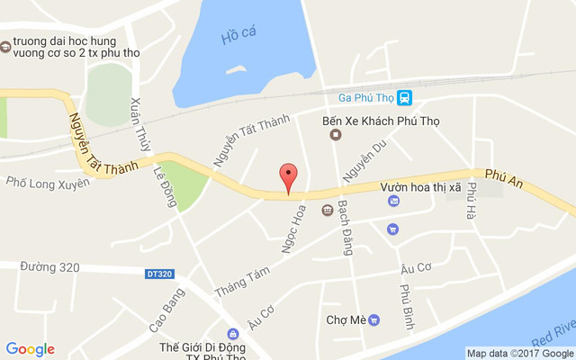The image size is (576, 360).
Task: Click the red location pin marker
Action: tap(288, 177)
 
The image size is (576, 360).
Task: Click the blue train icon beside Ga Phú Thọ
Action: tap(405, 97)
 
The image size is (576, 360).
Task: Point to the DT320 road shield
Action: tap(158, 272)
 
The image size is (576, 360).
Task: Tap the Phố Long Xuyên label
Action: tap(48, 183)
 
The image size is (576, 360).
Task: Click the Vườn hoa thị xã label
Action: tap(420, 184)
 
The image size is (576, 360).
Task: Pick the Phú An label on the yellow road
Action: tap(502, 172)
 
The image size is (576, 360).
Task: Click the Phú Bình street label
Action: tap(405, 304)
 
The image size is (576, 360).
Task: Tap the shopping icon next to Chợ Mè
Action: tap(374, 319)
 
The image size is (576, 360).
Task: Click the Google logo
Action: tap(30, 349)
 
